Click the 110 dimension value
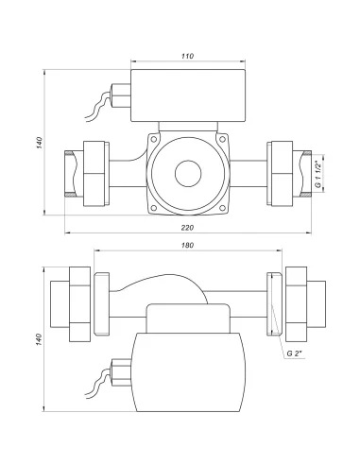click(187, 56)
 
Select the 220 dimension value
click(187, 227)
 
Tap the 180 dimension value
click(187, 245)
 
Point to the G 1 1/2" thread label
click(318, 173)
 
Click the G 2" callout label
click(294, 353)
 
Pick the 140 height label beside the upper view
click(39, 143)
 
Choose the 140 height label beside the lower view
click(39, 339)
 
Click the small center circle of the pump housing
click(188, 174)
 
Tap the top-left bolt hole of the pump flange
click(154, 139)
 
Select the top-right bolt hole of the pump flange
click(222, 139)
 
